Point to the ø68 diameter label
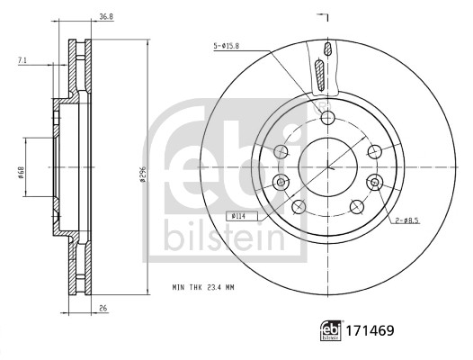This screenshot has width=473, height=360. point(21,166)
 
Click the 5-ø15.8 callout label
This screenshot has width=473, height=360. point(227,45)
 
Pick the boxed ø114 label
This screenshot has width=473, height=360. point(239,216)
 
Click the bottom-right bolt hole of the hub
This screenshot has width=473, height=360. point(355,205)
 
